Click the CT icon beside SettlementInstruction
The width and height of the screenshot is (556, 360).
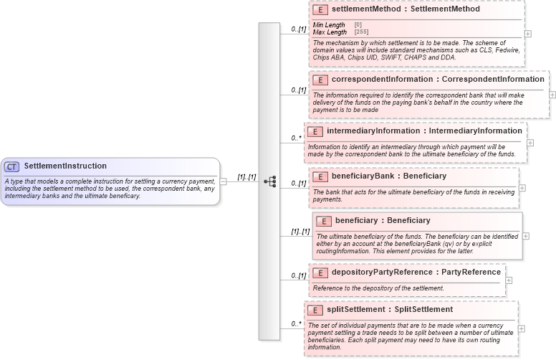coord(12,166)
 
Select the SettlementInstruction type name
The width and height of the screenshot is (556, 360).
coord(65,166)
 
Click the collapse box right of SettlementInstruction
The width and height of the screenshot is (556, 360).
coord(224,181)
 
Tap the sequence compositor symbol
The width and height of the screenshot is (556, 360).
coord(269,181)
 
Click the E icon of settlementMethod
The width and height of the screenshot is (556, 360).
coord(320,10)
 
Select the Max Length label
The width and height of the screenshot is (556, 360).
coord(330,32)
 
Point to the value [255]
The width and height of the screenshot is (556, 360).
coord(362,32)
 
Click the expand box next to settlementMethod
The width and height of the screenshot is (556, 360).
coord(528,34)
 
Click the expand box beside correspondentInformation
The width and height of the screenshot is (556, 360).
coord(552,94)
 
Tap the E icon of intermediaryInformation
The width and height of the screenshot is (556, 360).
coord(315,131)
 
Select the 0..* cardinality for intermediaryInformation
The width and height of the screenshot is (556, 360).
coord(295,138)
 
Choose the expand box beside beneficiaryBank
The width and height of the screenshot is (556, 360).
coord(522,188)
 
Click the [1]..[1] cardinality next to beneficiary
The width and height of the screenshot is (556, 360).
coord(300,232)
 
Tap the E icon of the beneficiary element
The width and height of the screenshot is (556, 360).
coord(324,221)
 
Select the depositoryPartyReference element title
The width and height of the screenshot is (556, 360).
coord(416,273)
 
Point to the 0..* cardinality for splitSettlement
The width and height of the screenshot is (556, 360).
coord(295,324)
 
